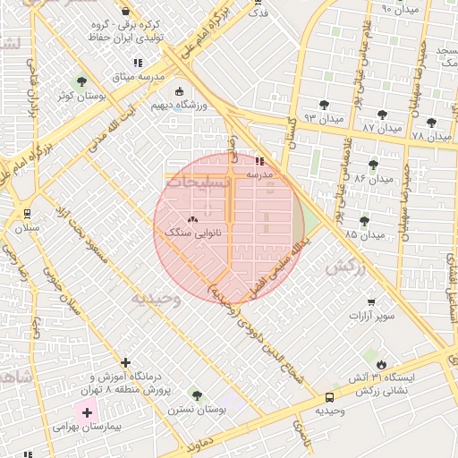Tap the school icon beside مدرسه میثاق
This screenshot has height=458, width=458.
(x=137, y=63)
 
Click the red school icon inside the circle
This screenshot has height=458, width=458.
(x=259, y=161)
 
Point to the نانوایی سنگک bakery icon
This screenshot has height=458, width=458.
(x=192, y=219)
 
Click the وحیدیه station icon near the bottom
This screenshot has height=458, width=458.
(x=330, y=396)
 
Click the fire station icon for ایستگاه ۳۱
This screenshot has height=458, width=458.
(x=382, y=364)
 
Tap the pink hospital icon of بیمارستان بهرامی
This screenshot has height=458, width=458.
(x=87, y=411)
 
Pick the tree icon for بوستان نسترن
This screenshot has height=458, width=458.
(x=196, y=395)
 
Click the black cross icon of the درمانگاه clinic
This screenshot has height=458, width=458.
(x=125, y=363)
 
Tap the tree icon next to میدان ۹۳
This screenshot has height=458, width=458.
(x=323, y=105)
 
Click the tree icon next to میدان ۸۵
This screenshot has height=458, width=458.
(x=364, y=220)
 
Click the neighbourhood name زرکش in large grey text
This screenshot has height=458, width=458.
(x=347, y=267)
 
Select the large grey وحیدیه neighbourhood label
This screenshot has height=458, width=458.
(x=157, y=299)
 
